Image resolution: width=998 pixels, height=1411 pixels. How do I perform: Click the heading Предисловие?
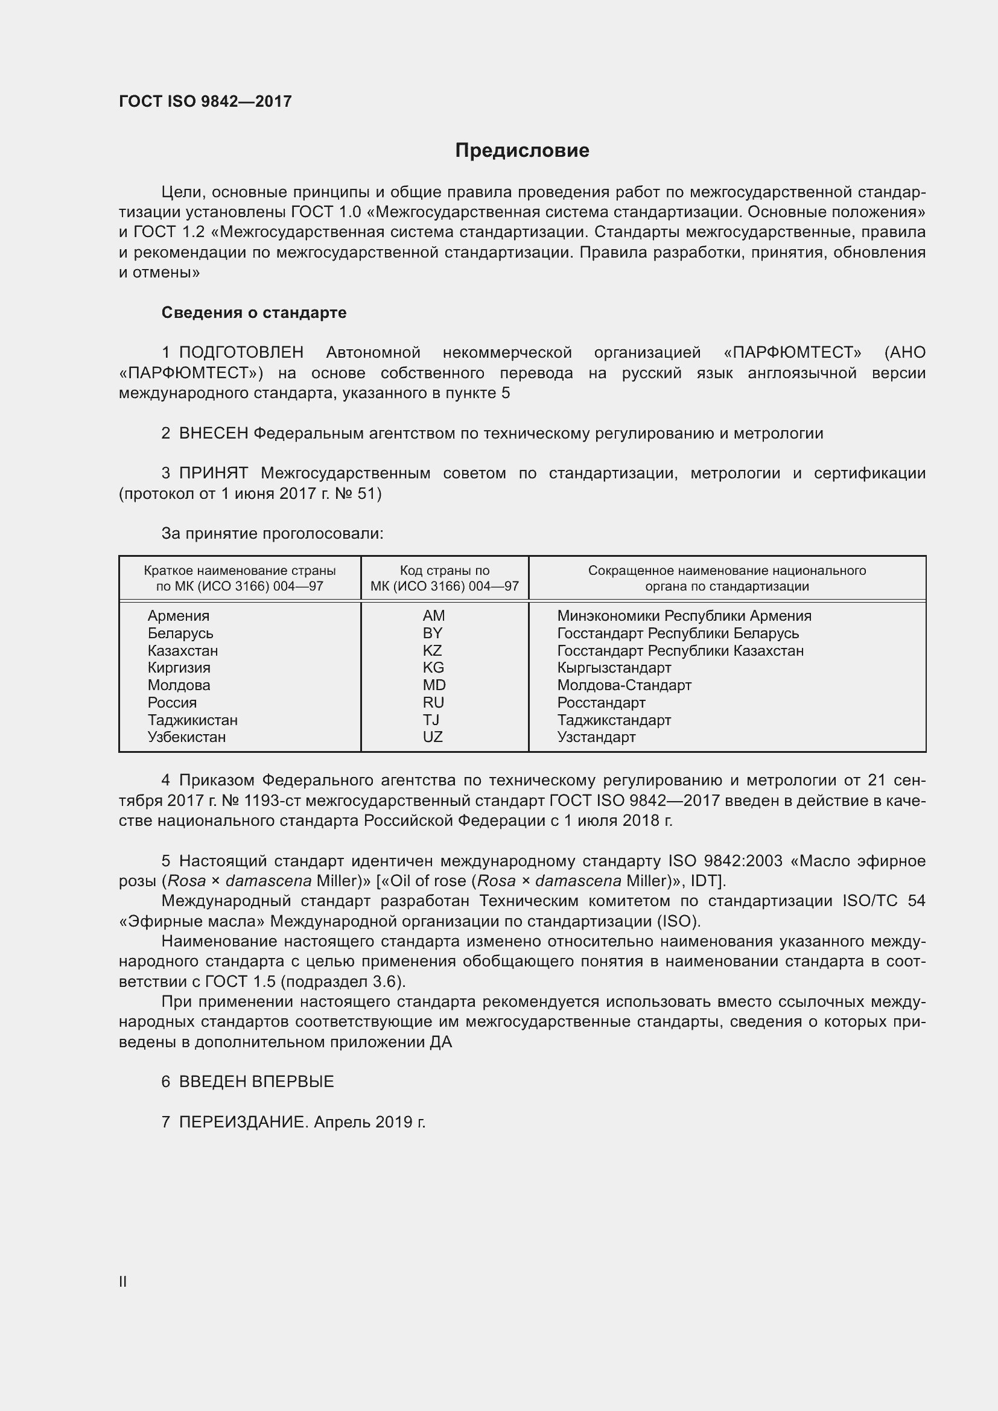(x=522, y=151)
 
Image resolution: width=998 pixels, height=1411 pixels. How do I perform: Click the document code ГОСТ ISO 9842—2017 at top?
(x=205, y=101)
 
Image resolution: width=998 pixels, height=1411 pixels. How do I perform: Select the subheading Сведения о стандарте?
(x=254, y=313)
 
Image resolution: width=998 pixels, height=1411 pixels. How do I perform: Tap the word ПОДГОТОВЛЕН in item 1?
(x=241, y=353)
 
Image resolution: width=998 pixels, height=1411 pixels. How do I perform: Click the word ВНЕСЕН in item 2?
(x=213, y=433)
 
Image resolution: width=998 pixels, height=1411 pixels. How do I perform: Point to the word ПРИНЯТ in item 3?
(x=213, y=473)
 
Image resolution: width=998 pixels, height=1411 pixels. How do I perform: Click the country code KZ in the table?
(x=432, y=650)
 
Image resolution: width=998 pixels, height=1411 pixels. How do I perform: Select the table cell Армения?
(x=178, y=616)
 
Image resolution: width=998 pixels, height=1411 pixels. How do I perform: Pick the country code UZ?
(x=433, y=737)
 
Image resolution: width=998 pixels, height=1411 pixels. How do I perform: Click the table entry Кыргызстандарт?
(x=614, y=667)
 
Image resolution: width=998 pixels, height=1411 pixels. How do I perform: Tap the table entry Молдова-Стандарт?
(x=625, y=685)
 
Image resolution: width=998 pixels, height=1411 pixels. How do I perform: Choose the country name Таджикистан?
(x=192, y=720)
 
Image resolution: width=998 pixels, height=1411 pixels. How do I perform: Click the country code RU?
(x=433, y=702)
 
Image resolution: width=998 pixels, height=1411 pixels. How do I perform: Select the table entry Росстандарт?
(x=601, y=702)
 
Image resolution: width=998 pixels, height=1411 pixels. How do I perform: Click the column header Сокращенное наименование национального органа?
(x=727, y=578)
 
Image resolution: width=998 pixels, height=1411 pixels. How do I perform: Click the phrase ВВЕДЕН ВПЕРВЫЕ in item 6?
(x=256, y=1082)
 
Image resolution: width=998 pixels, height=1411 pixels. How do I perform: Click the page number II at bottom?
(x=123, y=1282)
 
